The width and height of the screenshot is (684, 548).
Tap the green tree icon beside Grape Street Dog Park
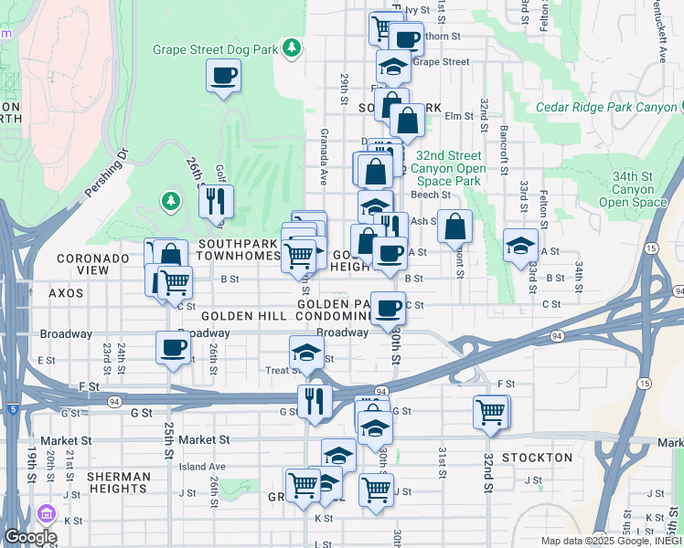291,47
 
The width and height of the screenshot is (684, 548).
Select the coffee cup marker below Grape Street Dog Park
224,77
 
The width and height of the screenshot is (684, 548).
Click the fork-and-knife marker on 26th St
216,203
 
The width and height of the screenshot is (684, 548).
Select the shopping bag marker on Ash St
454,227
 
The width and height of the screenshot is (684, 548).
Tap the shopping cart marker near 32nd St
491,412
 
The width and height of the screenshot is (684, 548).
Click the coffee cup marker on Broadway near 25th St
173,348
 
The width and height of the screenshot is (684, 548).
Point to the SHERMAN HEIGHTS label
119,483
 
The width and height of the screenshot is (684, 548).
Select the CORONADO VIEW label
92,265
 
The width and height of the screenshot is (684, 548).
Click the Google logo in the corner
29,537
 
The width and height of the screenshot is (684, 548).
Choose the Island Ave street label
202,467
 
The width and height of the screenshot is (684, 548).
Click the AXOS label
65,293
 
